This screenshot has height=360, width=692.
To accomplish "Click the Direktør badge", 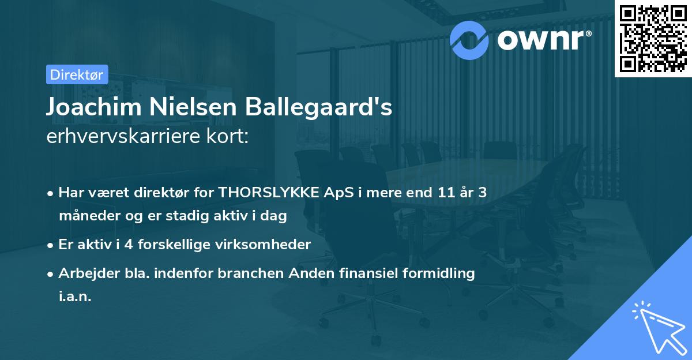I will [x=77, y=74].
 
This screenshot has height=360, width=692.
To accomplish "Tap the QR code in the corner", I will [x=653, y=38].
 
